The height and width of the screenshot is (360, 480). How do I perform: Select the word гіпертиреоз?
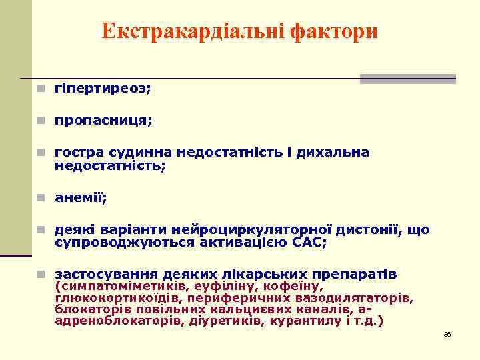(x=103, y=89)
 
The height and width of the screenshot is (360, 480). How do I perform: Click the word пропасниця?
(x=103, y=121)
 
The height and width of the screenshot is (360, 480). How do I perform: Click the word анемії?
(x=81, y=198)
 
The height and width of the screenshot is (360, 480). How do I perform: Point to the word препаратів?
(x=360, y=275)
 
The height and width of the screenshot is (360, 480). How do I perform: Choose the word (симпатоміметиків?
(x=113, y=287)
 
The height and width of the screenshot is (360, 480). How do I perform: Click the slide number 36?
(x=447, y=334)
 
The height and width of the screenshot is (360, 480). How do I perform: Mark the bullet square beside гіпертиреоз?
(x=41, y=89)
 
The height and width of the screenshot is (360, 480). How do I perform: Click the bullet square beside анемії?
(x=41, y=198)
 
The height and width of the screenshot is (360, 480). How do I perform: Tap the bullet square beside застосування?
(x=41, y=275)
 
